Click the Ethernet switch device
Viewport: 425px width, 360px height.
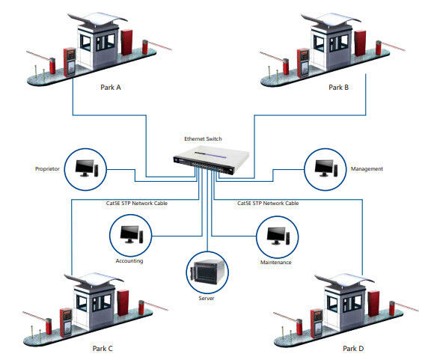coord(212,160)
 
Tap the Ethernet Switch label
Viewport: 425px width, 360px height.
coord(203,138)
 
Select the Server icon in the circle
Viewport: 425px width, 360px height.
coord(207,272)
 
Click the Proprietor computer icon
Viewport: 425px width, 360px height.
coord(87,168)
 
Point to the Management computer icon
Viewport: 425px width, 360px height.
coord(326,168)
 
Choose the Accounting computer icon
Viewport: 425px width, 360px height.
coord(132,234)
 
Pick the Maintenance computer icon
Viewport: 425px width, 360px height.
coord(278,236)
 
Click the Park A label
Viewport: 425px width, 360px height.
coord(111,88)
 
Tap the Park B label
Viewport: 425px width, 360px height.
coord(338,88)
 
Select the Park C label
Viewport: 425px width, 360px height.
coord(103,348)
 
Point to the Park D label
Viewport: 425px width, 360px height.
coord(353,348)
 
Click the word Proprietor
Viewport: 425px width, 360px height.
coord(47,169)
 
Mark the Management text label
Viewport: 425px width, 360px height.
coord(367,169)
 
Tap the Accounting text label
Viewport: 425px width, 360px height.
coord(129,260)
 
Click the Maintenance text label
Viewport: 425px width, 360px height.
coord(275,263)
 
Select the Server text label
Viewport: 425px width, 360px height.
coord(207,298)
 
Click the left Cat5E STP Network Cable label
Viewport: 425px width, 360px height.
coord(137,204)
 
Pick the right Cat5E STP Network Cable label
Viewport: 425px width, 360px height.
coord(268,204)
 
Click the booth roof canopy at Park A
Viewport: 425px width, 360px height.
coord(97,19)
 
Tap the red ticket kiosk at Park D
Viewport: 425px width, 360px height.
coord(317,323)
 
